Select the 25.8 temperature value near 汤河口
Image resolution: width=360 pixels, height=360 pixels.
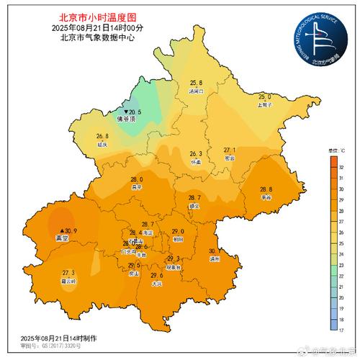(196, 84)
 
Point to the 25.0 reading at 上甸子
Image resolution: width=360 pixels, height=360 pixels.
(265, 96)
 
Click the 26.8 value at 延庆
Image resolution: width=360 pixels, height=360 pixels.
(102, 136)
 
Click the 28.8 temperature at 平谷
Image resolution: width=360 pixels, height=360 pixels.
(266, 189)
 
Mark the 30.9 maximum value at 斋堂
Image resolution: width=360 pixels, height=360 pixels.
(70, 230)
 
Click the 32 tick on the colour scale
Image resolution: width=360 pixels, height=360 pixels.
(337, 166)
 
